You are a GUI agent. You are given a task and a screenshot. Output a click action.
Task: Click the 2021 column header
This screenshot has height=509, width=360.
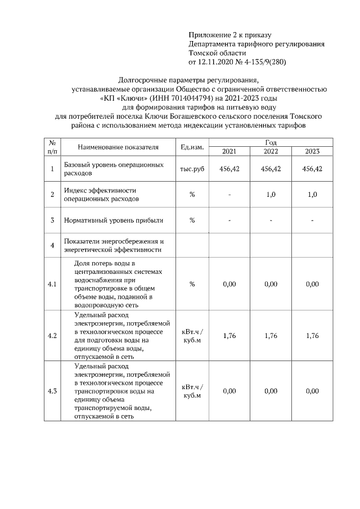[x=229, y=151]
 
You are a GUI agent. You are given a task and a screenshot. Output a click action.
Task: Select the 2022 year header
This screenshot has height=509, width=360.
[x=271, y=151]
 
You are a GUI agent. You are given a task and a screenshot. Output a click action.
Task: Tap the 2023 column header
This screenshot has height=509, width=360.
[x=312, y=151]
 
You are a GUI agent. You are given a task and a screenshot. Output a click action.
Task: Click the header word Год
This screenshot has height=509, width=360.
[x=271, y=143]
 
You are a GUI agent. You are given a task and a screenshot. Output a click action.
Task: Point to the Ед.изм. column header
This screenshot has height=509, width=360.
[x=192, y=147]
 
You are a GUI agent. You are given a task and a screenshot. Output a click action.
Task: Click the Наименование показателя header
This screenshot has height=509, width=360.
[x=118, y=147]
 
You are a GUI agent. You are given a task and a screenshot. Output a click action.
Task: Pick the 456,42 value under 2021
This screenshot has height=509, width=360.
[x=229, y=169]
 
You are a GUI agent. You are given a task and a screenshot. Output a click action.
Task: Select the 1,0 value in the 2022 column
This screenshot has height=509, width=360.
[x=271, y=195]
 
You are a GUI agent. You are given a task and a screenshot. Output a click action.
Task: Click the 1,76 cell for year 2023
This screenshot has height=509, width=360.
[x=312, y=336]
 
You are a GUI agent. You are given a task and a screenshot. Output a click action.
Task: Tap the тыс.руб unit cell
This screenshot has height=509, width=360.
[x=192, y=169]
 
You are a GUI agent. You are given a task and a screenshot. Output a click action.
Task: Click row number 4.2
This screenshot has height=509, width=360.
[x=52, y=336]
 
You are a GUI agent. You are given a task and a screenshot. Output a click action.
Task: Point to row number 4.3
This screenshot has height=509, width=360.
[x=52, y=391]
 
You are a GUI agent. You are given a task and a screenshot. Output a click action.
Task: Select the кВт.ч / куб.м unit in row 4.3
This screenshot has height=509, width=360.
[x=192, y=391]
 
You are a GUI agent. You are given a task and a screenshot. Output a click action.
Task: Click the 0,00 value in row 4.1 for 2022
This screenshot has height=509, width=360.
[x=271, y=285]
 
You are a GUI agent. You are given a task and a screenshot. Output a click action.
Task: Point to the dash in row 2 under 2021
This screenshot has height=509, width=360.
[x=229, y=195]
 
